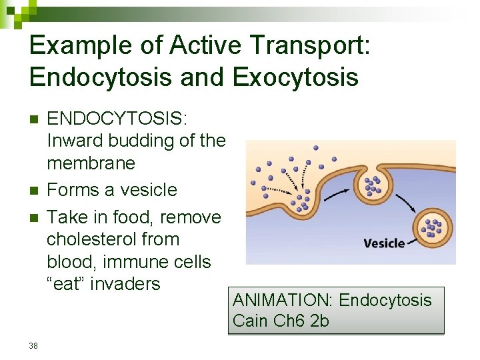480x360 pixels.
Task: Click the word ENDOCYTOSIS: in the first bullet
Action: [x=118, y=119]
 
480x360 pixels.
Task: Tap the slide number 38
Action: [x=34, y=345]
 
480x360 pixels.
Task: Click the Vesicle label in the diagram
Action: [x=384, y=243]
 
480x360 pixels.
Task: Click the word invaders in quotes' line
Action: [x=125, y=283]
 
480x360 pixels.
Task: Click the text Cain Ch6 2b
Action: [x=281, y=321]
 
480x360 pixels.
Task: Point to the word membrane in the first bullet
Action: [x=91, y=163]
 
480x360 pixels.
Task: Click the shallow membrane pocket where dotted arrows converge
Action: [x=303, y=199]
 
